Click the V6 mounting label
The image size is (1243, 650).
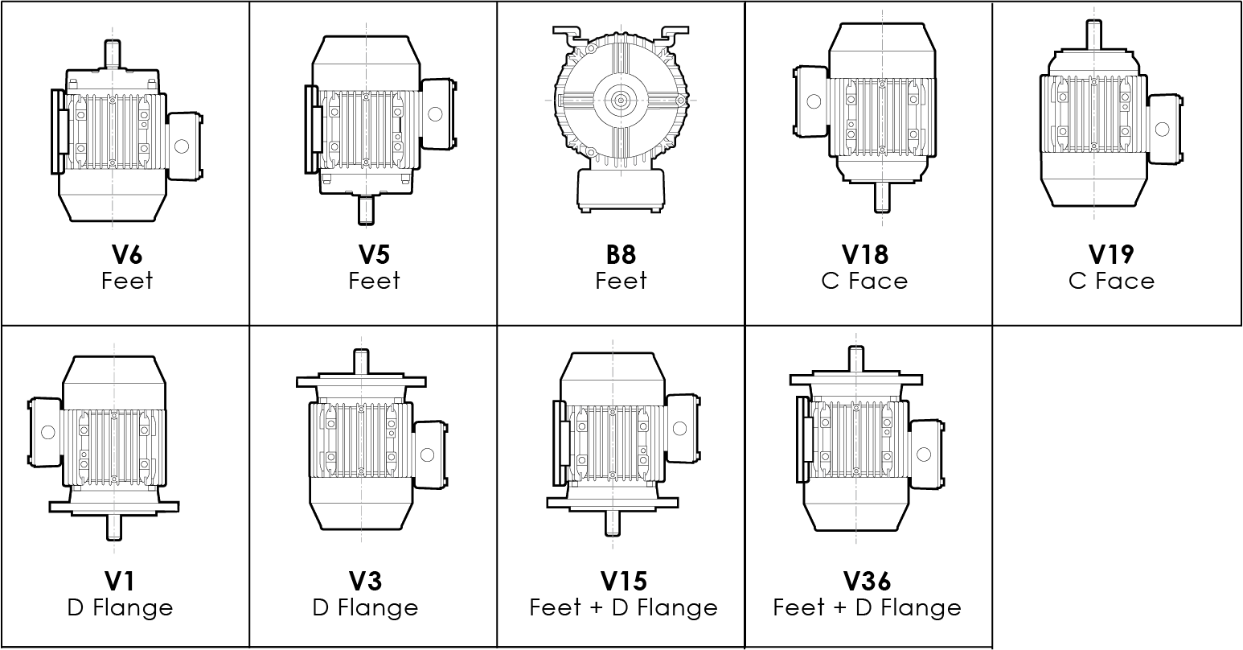coord(127,254)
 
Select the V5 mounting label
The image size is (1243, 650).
coord(374,254)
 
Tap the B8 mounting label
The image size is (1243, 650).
coord(621,254)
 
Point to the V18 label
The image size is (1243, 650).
coord(865,254)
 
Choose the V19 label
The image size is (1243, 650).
coord(1111,254)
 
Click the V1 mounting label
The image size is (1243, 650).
coord(120,581)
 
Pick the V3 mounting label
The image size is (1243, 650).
coord(365,581)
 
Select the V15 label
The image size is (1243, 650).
coord(623,581)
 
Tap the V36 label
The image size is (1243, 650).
coord(867,581)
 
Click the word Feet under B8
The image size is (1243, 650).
coord(621,282)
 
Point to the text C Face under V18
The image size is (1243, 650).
coord(865,282)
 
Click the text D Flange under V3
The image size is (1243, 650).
coord(365,608)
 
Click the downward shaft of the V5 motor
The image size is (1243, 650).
coord(367,211)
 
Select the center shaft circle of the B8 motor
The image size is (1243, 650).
coord(621,100)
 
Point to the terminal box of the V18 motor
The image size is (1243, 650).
coord(811,101)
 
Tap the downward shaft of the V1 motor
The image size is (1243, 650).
coord(113,528)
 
